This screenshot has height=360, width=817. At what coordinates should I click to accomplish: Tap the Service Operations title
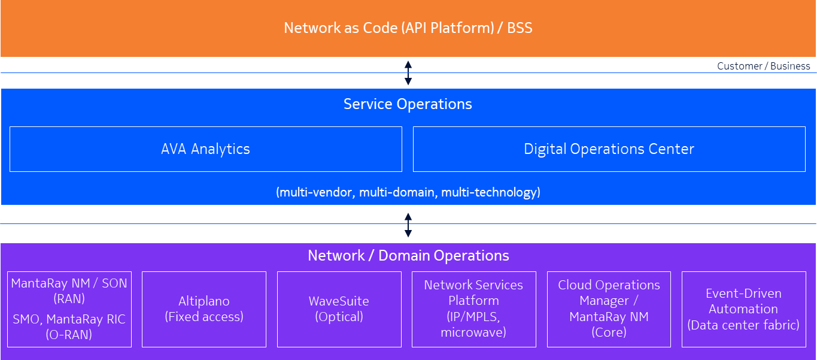click(x=408, y=104)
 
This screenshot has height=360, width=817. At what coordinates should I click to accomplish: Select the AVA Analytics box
click(x=205, y=149)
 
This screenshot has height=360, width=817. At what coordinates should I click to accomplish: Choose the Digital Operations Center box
click(x=609, y=149)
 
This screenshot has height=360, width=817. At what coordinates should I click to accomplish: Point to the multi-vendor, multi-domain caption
click(x=408, y=192)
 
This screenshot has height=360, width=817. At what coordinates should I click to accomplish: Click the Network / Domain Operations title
click(x=408, y=256)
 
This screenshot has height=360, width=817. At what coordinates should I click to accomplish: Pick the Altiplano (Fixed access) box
click(x=204, y=309)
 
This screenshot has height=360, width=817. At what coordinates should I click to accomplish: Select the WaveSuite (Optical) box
click(x=339, y=309)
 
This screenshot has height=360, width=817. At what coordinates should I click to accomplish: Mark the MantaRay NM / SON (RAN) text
click(x=69, y=291)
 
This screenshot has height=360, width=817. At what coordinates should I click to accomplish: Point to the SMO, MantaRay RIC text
click(x=69, y=327)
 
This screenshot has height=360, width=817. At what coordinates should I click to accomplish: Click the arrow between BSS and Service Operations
click(x=408, y=72)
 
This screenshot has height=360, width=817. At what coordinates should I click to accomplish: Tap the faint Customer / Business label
click(x=763, y=66)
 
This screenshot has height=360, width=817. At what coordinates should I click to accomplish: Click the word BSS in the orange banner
click(x=520, y=28)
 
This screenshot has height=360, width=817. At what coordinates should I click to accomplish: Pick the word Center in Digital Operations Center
click(x=672, y=149)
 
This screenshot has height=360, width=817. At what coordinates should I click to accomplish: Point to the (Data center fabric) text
click(x=743, y=325)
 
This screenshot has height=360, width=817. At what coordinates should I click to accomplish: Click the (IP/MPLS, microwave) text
click(x=473, y=324)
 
